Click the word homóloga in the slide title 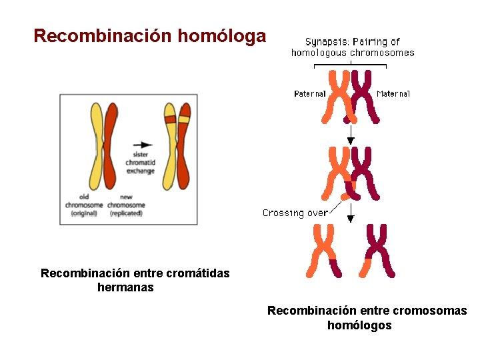pos(222,36)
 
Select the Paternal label pos(309,94)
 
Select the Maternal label pos(393,94)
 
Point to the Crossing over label pos(295,213)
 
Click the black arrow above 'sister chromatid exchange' pos(142,143)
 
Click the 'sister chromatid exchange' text pos(140,163)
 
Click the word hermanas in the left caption pos(125,287)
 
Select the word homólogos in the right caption pos(359,325)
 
